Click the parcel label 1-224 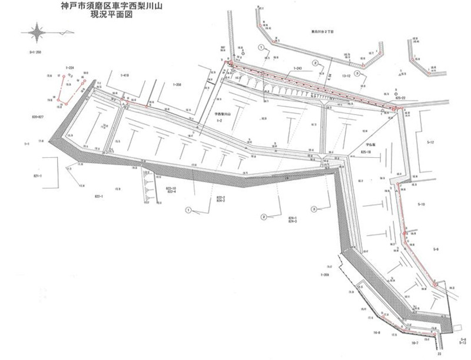pyautogui.click(x=69, y=68)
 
